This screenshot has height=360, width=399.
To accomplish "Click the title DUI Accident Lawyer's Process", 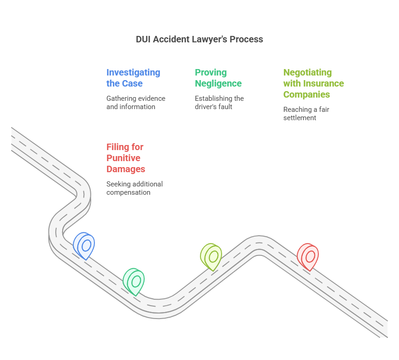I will click(x=199, y=39).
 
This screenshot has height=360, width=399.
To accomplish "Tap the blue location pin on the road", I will click(x=84, y=244).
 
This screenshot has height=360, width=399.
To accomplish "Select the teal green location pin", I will click(x=134, y=280).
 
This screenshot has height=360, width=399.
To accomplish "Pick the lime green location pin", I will click(x=211, y=255).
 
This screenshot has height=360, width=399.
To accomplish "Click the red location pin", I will click(x=308, y=255).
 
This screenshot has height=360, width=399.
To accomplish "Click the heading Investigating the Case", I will click(x=133, y=78).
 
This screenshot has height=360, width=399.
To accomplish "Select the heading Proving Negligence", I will click(x=218, y=78).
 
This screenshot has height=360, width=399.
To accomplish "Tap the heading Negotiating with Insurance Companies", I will click(x=313, y=83).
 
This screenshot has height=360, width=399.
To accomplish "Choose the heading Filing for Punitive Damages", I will click(x=126, y=158).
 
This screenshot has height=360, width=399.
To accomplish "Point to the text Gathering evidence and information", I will click(x=135, y=102).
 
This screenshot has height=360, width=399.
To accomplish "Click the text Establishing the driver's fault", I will click(x=219, y=102).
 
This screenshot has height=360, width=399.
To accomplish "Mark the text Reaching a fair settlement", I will click(x=306, y=113).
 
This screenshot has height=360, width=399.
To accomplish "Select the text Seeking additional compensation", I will click(x=134, y=188).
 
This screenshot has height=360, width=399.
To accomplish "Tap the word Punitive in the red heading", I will click(x=123, y=158).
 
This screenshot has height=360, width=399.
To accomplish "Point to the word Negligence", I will click(x=218, y=83).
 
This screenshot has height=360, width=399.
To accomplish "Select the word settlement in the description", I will click(x=299, y=118).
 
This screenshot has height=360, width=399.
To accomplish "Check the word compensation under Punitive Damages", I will click(x=128, y=192).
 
